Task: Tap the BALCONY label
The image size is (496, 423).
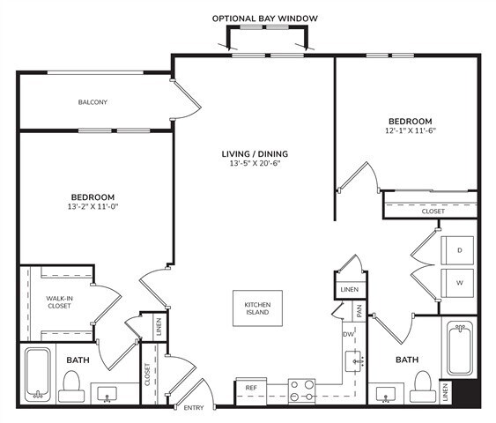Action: pos(93,102)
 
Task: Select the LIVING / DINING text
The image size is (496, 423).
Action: pos(255,154)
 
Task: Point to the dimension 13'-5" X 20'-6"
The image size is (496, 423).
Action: pos(255,165)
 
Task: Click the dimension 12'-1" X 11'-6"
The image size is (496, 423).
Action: pos(410,131)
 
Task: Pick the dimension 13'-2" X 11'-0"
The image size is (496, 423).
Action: pos(93,206)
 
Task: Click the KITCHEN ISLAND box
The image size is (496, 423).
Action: pos(258,309)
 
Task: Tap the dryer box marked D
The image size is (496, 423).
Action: pos(458,250)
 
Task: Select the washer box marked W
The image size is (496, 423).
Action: pos(458,285)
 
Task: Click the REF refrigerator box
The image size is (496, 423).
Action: pos(251,388)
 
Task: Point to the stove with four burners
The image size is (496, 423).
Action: pos(302,390)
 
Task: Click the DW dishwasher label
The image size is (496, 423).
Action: pos(347,334)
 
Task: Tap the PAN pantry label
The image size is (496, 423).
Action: pos(359,310)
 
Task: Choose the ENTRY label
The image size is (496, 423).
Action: pos(193,408)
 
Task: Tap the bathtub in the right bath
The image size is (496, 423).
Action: pos(461,349)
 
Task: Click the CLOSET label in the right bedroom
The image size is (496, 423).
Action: pos(433,211)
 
